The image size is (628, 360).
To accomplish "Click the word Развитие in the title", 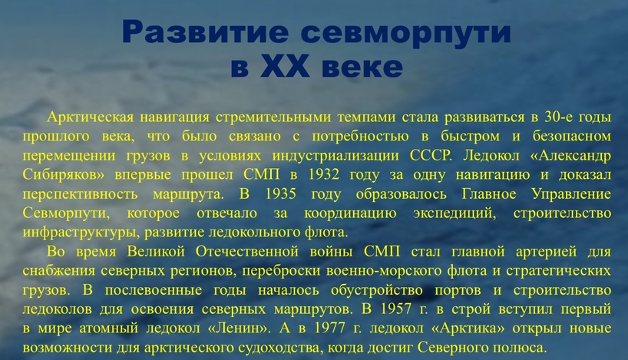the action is tap(205, 31).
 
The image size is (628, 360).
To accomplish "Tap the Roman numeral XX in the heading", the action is tap(285, 67).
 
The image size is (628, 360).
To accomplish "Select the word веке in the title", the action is tap(362, 67).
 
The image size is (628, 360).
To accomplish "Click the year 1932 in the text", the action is tap(324, 175).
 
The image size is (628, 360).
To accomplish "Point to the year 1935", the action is tap(280, 194).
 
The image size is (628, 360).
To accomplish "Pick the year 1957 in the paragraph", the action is tap(395, 309).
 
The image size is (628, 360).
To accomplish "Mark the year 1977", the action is tap(329, 329).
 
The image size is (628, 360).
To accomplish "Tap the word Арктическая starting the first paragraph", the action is tap(90, 117).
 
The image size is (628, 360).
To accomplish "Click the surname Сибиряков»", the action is tap(63, 175).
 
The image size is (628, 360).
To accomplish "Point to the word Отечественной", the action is tap(247, 252).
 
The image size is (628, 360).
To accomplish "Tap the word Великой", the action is tap(156, 252).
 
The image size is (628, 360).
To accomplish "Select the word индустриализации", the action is tap(335, 156).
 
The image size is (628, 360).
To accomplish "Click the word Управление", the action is tap(571, 194).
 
